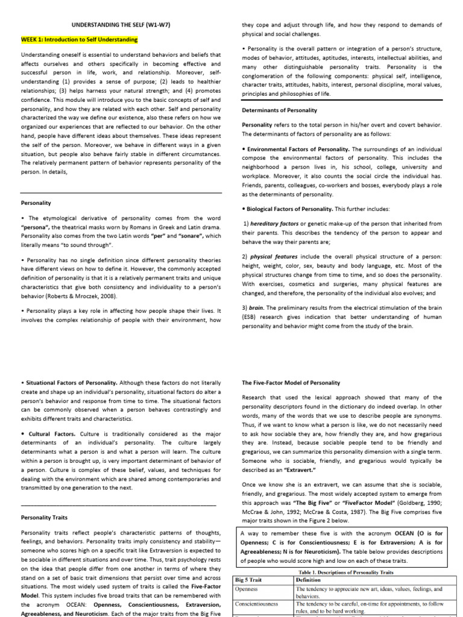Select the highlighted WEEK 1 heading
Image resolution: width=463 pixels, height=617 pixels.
79,40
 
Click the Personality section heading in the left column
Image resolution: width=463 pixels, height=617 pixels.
36,203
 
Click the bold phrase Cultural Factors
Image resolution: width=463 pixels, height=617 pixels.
50,433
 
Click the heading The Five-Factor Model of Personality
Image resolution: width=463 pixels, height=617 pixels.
291,383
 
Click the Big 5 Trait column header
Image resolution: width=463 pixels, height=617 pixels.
248,579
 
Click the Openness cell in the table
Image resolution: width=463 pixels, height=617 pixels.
246,588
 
